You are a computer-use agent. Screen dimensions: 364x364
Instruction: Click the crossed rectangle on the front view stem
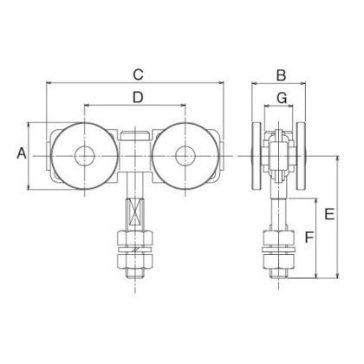pyautogui.click(x=133, y=210)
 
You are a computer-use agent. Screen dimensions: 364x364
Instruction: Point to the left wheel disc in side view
pyautogui.click(x=256, y=156)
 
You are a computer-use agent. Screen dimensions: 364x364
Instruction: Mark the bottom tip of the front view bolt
pyautogui.click(x=134, y=279)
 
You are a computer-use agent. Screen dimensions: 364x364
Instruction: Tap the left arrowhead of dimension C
pyautogui.click(x=47, y=83)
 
